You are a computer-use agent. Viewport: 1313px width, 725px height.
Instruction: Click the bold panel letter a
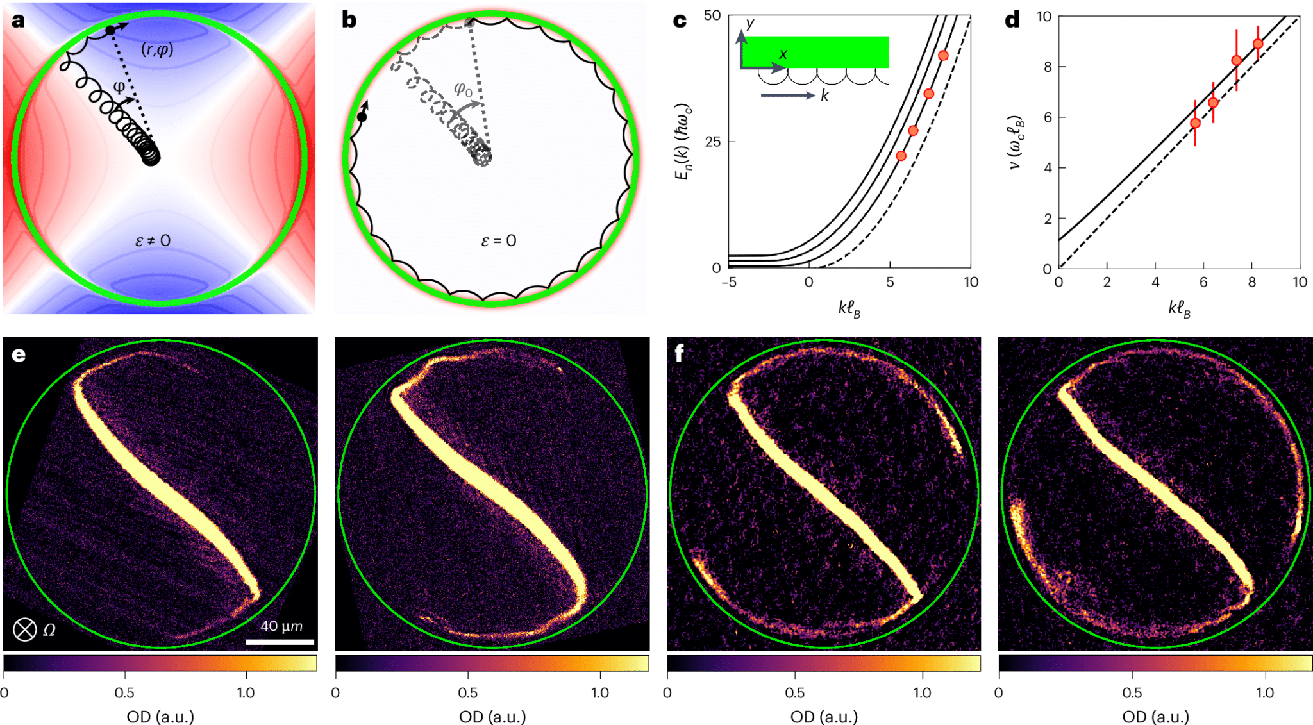[18, 21]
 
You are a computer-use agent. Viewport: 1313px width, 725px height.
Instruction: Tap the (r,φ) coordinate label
[157, 49]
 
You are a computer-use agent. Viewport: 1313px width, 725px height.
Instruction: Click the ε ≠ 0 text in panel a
[153, 241]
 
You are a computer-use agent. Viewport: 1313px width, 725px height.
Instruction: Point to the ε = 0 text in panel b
[498, 241]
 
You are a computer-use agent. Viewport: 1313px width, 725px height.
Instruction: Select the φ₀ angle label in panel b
[463, 89]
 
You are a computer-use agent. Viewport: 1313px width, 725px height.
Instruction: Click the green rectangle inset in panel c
[815, 51]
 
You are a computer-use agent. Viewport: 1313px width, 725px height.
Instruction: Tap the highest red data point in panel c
[943, 56]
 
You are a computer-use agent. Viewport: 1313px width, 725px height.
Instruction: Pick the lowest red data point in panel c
[901, 156]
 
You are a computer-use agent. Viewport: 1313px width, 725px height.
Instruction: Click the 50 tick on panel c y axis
[712, 15]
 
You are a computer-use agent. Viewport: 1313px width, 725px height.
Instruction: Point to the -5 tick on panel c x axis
[729, 282]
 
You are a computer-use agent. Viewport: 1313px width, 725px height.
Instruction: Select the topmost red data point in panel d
[1258, 44]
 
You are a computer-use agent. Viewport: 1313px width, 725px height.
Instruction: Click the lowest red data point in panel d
[1195, 123]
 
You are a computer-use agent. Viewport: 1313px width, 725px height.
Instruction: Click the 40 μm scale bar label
[281, 626]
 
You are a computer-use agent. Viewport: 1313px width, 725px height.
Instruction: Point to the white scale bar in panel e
[280, 641]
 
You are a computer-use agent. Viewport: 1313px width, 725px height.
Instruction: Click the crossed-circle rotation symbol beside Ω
[25, 629]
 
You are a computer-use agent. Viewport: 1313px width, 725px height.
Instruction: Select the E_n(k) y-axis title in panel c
[683, 141]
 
